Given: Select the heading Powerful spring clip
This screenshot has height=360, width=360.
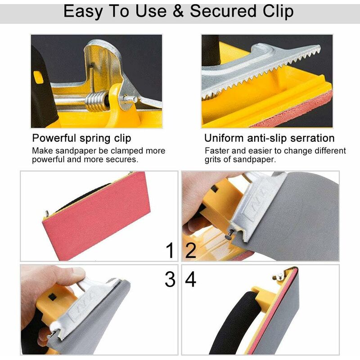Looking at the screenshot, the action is point(81,138).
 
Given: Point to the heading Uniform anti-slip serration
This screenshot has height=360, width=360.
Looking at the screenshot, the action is point(269,138).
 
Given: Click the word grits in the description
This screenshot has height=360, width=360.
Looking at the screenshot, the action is point(213,160).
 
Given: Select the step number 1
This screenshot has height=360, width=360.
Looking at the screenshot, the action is point(170,250).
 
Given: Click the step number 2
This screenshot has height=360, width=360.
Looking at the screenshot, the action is point(190,250).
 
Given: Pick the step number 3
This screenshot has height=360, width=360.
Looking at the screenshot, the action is point(170,279).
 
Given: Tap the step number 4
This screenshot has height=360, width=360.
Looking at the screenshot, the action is point(190,279).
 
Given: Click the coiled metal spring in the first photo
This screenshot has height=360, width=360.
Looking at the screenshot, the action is point(97,101).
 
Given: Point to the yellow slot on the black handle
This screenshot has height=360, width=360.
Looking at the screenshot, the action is point(38,76).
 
